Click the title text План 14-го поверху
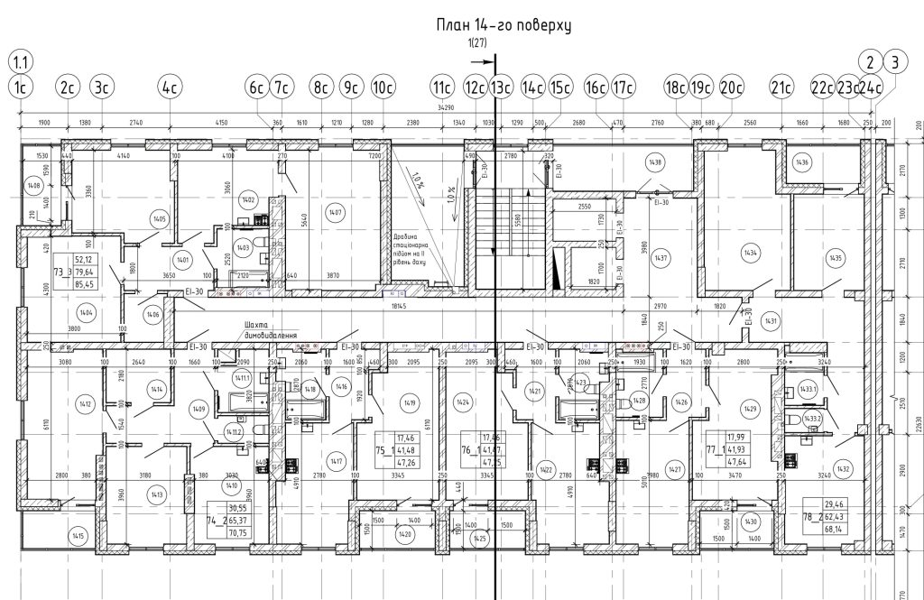(504, 25)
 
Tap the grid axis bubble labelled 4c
(169, 88)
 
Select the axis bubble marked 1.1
(20, 62)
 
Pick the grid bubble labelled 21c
(781, 88)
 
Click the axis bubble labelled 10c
(383, 88)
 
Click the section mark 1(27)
(479, 43)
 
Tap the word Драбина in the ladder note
(405, 236)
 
